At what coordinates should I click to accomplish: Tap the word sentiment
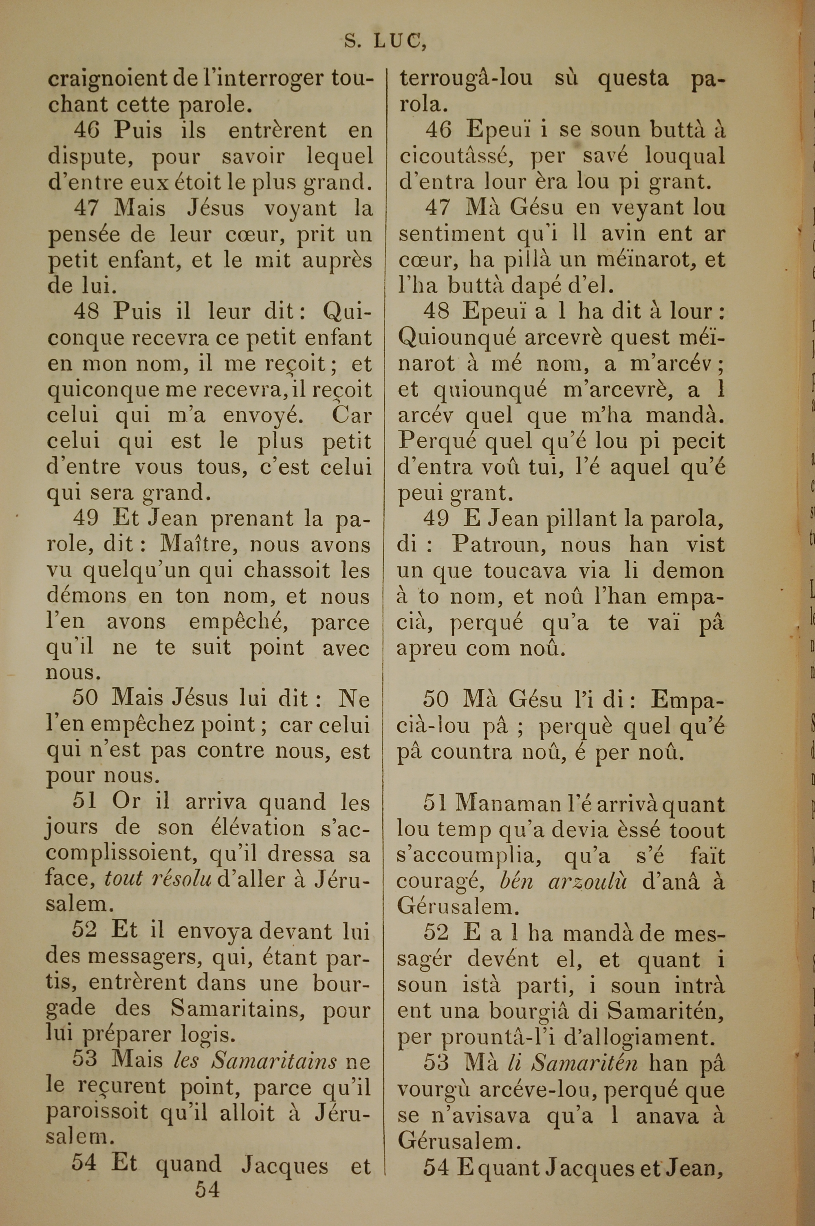tap(452, 234)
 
